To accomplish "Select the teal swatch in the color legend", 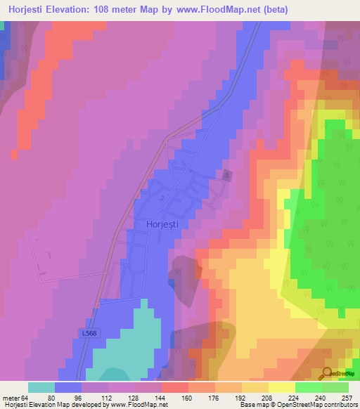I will [41, 387].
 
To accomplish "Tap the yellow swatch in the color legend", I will [281, 387].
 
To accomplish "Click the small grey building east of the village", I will [226, 174].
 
